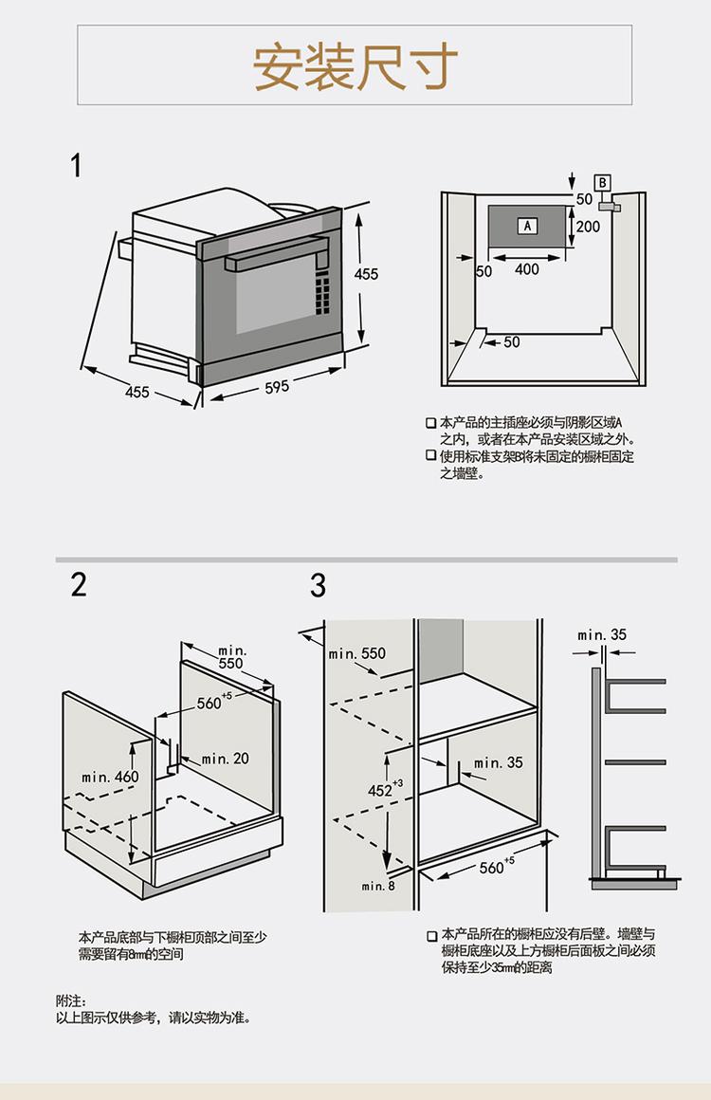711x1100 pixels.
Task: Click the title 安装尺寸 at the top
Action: click(355, 65)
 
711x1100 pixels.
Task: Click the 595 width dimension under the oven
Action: click(277, 387)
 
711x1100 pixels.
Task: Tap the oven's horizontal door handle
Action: click(276, 253)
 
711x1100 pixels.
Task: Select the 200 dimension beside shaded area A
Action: click(588, 227)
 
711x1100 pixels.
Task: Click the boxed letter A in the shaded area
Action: click(527, 226)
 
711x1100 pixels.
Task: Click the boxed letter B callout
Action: click(602, 182)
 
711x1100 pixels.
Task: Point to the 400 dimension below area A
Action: click(526, 269)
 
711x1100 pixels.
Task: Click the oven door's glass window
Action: click(272, 302)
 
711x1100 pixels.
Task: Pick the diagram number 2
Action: click(79, 584)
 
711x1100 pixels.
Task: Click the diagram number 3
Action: click(318, 586)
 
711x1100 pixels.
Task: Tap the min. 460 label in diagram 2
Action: click(110, 777)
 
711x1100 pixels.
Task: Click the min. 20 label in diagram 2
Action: click(225, 759)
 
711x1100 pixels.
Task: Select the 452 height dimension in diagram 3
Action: click(381, 789)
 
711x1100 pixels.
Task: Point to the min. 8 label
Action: click(378, 886)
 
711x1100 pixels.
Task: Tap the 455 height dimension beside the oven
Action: click(366, 274)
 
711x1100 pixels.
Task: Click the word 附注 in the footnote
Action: click(71, 1000)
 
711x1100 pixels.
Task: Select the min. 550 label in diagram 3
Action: click(357, 653)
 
